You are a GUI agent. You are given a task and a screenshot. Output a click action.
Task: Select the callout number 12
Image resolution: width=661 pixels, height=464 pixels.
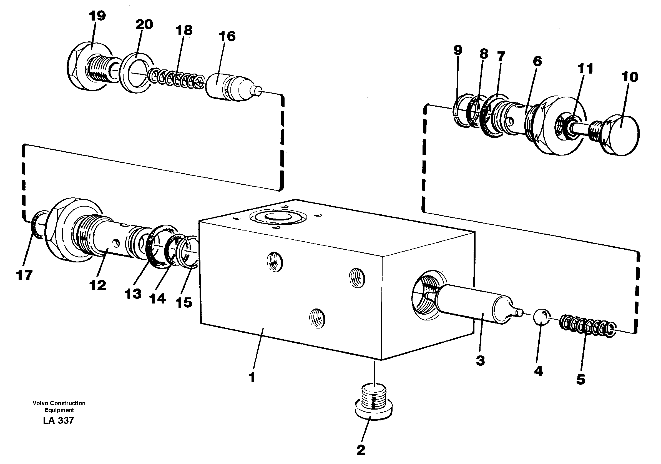(98, 285)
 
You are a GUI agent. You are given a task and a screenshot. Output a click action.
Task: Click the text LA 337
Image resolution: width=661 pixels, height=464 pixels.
(59, 420)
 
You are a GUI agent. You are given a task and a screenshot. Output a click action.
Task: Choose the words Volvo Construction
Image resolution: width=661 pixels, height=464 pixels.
(59, 403)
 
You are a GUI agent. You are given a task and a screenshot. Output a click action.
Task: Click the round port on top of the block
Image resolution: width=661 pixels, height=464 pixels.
(278, 218)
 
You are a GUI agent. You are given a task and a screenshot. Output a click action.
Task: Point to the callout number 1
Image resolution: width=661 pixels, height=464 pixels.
(252, 377)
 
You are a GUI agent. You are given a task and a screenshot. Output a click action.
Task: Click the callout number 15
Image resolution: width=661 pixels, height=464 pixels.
(184, 302)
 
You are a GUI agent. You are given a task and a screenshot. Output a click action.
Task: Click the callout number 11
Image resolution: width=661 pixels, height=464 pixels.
(585, 69)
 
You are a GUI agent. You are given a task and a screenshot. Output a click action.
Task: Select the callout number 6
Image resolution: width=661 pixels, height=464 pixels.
(537, 61)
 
